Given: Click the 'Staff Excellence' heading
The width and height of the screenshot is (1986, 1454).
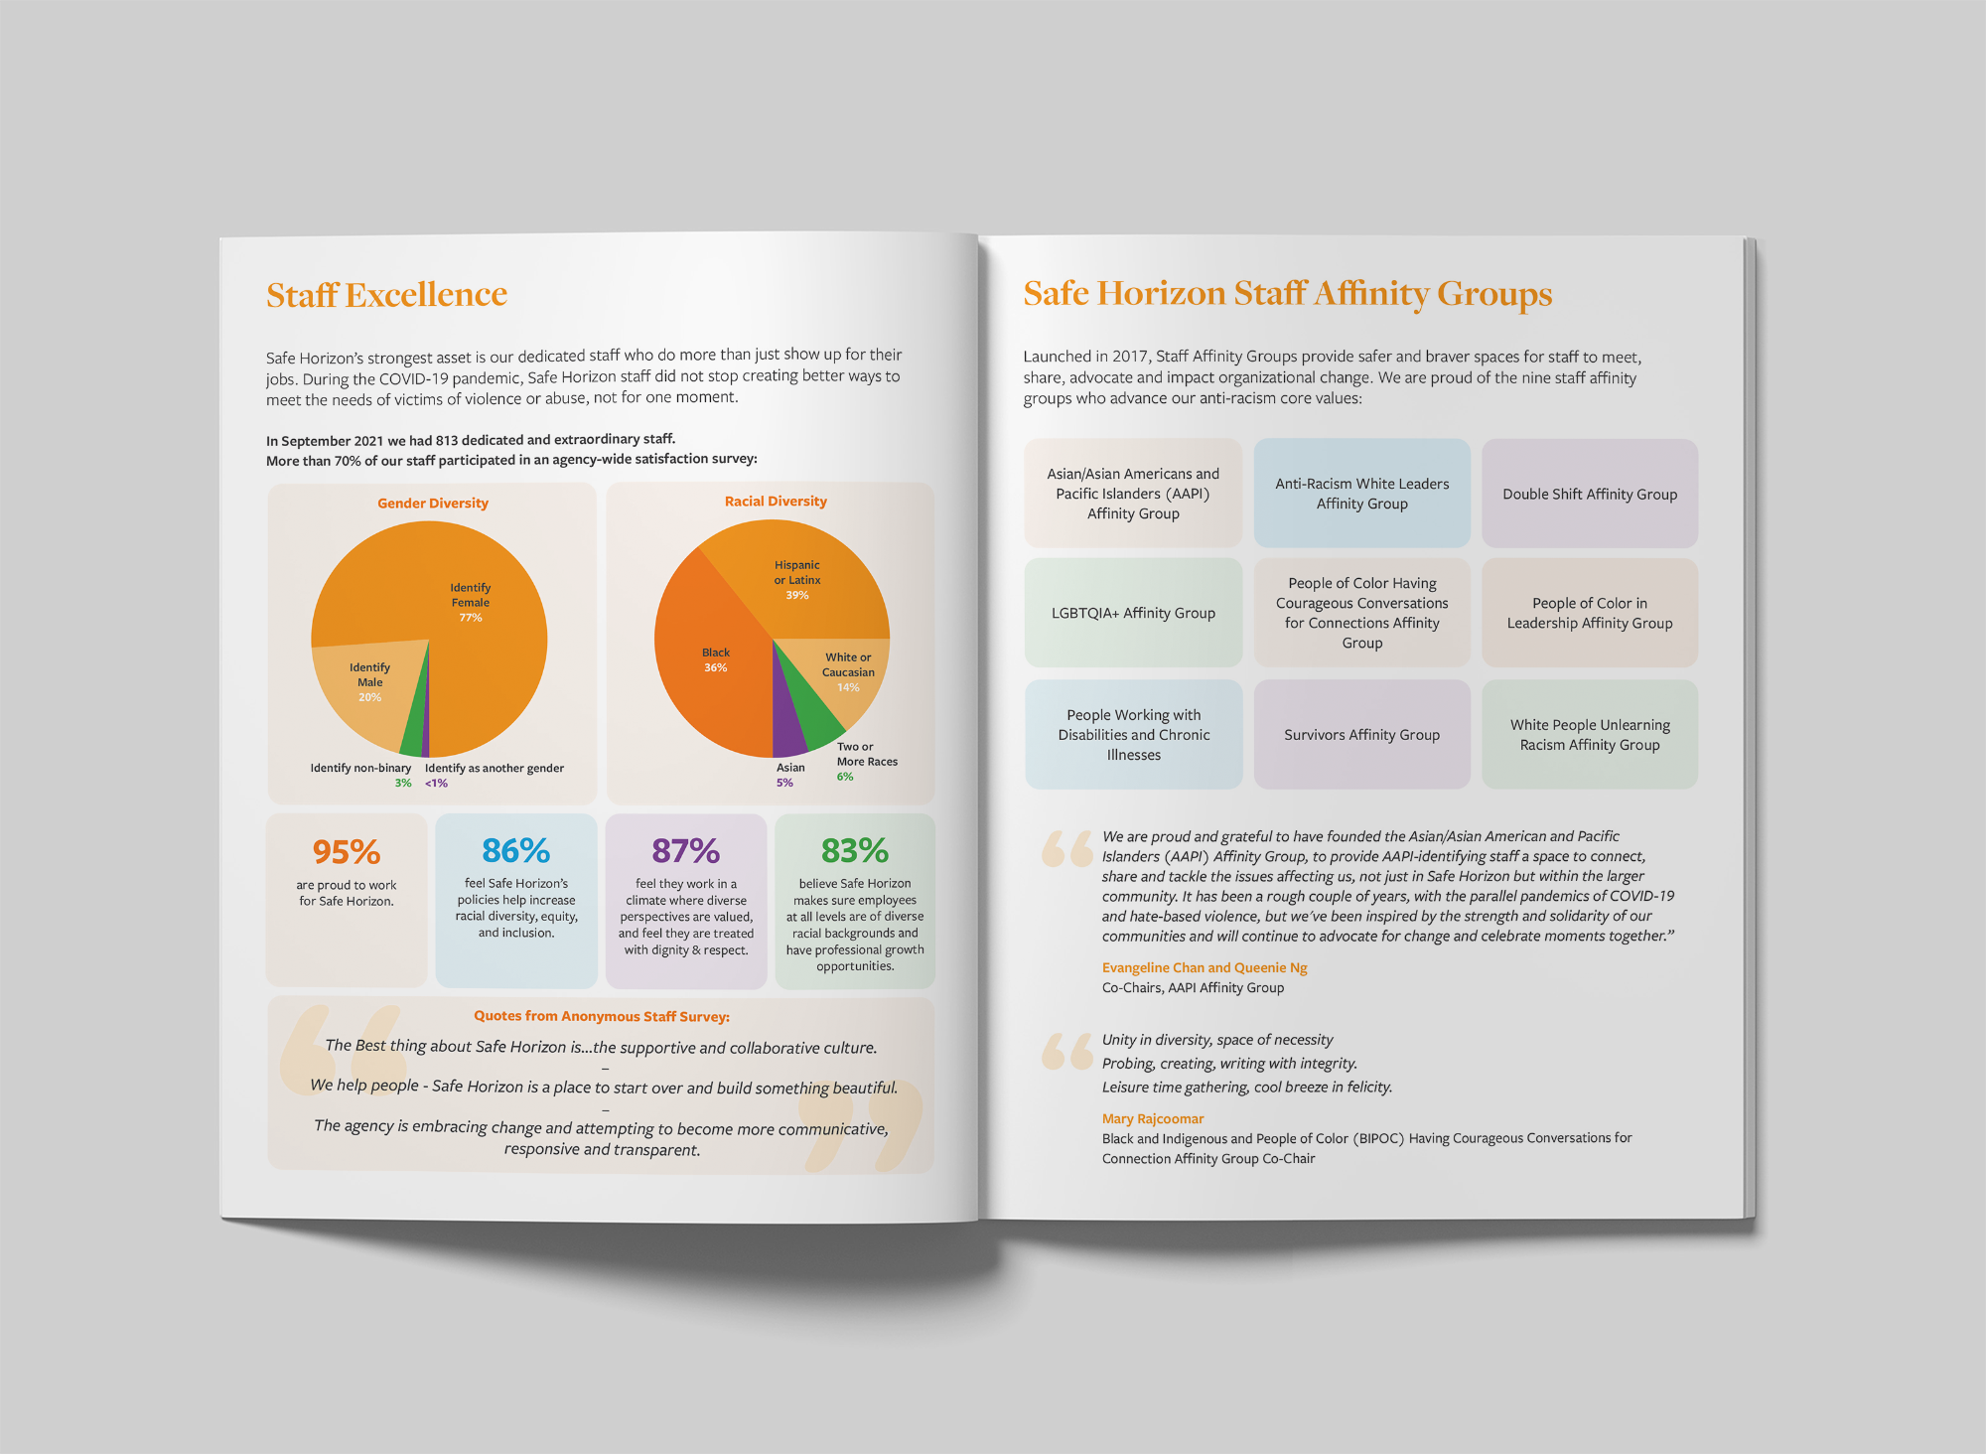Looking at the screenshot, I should pyautogui.click(x=386, y=295).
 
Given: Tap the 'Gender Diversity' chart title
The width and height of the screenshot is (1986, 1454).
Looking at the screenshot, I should pyautogui.click(x=433, y=504).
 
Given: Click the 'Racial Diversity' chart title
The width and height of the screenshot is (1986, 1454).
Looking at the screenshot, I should pyautogui.click(x=776, y=502).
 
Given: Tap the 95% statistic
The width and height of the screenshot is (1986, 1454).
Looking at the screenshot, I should pyautogui.click(x=347, y=852).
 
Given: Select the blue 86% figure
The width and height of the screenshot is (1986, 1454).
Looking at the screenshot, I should pyautogui.click(x=515, y=851).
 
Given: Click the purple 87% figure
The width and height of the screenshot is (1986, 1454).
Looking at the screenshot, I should pyautogui.click(x=685, y=851).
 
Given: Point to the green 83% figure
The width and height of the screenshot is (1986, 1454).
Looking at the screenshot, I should pyautogui.click(x=854, y=851).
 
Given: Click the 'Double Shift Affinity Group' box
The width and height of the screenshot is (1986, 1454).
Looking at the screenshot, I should pyautogui.click(x=1590, y=494).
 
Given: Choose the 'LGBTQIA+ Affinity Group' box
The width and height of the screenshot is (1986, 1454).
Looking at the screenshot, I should pyautogui.click(x=1133, y=613).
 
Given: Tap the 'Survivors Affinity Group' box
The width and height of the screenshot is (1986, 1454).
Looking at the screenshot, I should pyautogui.click(x=1361, y=735).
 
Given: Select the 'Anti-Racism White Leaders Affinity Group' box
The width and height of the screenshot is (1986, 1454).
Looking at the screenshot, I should pyautogui.click(x=1361, y=494).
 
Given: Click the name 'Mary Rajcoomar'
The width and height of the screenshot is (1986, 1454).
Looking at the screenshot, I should pyautogui.click(x=1153, y=1118).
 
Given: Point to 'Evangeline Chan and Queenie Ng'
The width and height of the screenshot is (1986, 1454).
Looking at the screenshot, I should pyautogui.click(x=1205, y=967).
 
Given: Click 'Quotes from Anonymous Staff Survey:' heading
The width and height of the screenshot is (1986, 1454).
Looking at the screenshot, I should pyautogui.click(x=602, y=1016).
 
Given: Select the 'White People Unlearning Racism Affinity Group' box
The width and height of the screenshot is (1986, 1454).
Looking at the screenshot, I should pyautogui.click(x=1590, y=735).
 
